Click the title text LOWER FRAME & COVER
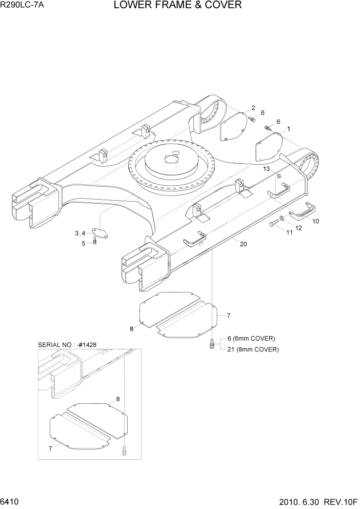[177, 6]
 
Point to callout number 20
[243, 244]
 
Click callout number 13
[266, 168]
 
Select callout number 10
[315, 221]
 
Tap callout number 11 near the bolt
[289, 232]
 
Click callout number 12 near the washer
[298, 227]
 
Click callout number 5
[84, 243]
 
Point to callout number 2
[253, 108]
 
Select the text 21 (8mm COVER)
[252, 349]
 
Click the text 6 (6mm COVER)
[251, 339]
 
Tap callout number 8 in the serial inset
[118, 399]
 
